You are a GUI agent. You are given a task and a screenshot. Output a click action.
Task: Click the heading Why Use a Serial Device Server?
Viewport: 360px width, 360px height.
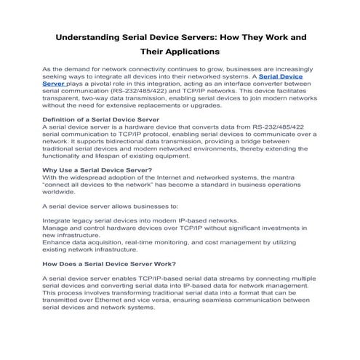pos(97,169)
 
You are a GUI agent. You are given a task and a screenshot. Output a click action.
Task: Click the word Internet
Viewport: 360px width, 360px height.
pos(162,177)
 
